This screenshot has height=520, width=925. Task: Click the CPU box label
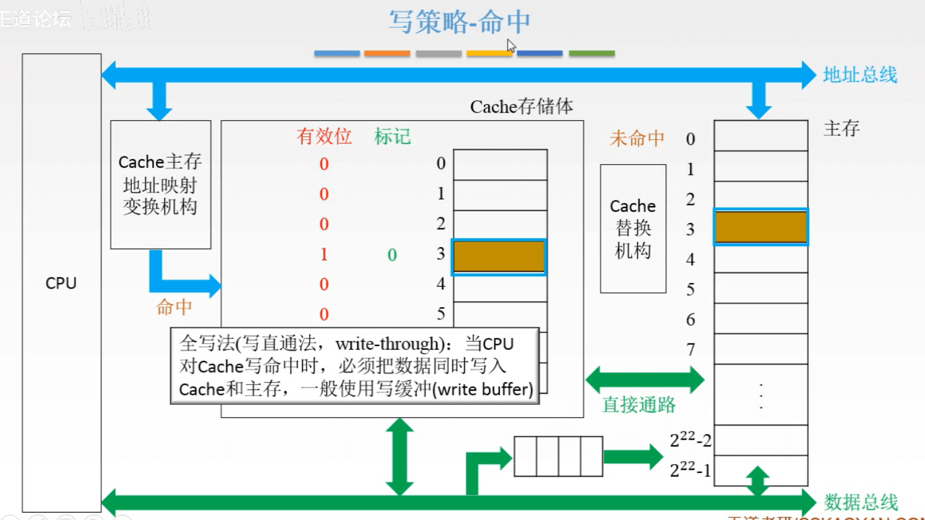(x=61, y=283)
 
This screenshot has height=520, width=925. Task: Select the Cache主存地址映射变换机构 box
(x=160, y=184)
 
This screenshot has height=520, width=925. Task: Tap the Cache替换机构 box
(x=633, y=228)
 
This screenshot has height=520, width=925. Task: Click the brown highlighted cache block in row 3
(x=499, y=257)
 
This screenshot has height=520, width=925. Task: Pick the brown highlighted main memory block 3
(x=760, y=227)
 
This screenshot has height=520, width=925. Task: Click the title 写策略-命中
(x=459, y=22)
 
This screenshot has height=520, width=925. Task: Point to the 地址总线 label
(x=859, y=75)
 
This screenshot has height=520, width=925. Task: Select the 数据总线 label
(x=860, y=501)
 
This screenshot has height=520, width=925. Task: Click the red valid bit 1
(x=324, y=254)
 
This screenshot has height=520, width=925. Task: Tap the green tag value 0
(x=392, y=255)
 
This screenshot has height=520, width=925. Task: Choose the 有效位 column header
(x=324, y=136)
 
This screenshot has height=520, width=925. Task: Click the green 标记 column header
(x=392, y=136)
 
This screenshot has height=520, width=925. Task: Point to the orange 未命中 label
(x=637, y=138)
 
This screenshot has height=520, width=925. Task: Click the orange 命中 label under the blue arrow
(x=174, y=307)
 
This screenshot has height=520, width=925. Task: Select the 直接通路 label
(x=639, y=405)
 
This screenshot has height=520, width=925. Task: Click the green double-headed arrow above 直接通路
(x=645, y=379)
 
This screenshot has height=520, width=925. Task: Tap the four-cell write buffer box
(x=558, y=456)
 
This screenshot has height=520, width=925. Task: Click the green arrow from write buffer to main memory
(x=632, y=457)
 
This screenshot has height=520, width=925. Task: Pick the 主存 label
(x=841, y=129)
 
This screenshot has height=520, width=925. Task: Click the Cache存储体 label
(x=521, y=106)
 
